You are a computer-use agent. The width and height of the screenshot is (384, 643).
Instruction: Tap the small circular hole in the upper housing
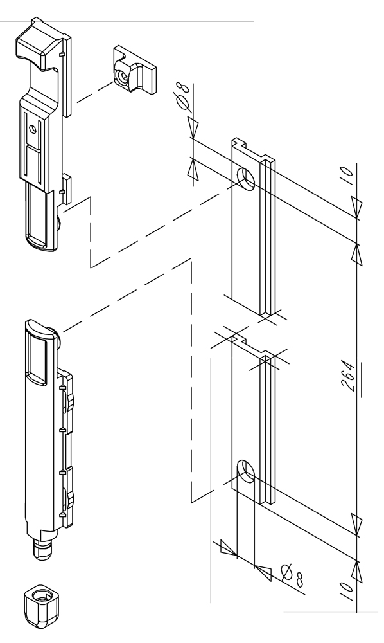pos(33,129)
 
